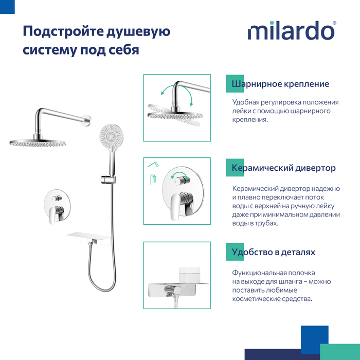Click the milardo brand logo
pyautogui.click(x=292, y=30)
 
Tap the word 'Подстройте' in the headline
pyautogui.click(x=62, y=31)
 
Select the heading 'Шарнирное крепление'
pyautogui.click(x=280, y=84)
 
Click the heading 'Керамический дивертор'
pyautogui.click(x=283, y=168)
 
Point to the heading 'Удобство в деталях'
pyautogui.click(x=273, y=252)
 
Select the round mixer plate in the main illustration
pyautogui.click(x=57, y=205)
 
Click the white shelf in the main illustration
pyautogui.click(x=89, y=238)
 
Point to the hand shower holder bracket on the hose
pyautogui.click(x=108, y=179)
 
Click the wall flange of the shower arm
pyautogui.click(x=87, y=120)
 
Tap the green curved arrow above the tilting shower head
pyautogui.click(x=177, y=92)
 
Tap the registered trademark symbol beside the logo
pyautogui.click(x=334, y=23)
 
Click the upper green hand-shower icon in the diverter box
pyautogui.click(x=154, y=165)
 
